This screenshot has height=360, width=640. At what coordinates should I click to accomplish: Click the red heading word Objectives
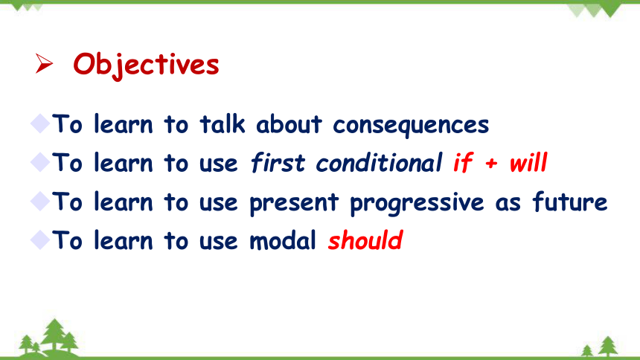pyautogui.click(x=146, y=65)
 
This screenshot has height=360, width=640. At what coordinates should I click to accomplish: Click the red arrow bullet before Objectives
pyautogui.click(x=44, y=64)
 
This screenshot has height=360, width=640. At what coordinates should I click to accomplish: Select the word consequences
pyautogui.click(x=411, y=125)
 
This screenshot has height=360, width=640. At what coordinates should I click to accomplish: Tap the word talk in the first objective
pyautogui.click(x=223, y=123)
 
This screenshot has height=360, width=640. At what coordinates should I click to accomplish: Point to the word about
pyautogui.click(x=289, y=123)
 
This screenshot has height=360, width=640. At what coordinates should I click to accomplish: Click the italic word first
pyautogui.click(x=278, y=162)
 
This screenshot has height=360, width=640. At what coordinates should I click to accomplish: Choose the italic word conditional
pyautogui.click(x=379, y=162)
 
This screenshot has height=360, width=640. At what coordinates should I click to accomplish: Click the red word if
pyautogui.click(x=464, y=162)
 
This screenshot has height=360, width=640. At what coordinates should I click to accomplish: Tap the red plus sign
pyautogui.click(x=491, y=164)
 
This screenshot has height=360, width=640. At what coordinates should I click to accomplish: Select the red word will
pyautogui.click(x=528, y=162)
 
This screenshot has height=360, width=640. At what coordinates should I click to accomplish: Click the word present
pyautogui.click(x=294, y=202)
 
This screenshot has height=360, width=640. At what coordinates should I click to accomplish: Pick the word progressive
pyautogui.click(x=417, y=202)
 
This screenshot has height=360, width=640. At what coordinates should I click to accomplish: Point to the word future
pyautogui.click(x=570, y=202)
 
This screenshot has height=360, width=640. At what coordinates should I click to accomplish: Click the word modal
pyautogui.click(x=283, y=240)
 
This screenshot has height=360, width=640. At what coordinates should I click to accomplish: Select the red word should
pyautogui.click(x=365, y=240)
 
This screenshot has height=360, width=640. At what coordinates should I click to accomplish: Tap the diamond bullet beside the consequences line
pyautogui.click(x=40, y=123)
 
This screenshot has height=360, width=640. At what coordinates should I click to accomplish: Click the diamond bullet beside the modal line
pyautogui.click(x=40, y=240)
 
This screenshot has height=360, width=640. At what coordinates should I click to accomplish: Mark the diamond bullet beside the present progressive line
pyautogui.click(x=40, y=201)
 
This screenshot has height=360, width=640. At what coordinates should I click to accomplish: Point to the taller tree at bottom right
pyautogui.click(x=608, y=346)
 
